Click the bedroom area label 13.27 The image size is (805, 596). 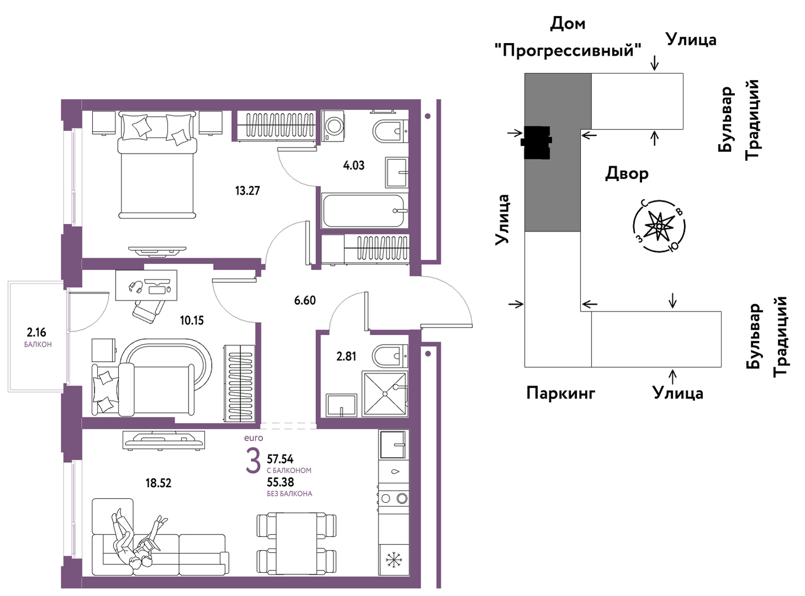point(247,191)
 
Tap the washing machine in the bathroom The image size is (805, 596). point(333,125)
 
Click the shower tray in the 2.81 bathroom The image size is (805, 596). point(385,393)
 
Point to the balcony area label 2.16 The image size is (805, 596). point(36,332)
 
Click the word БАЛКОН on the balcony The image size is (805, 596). point(38,345)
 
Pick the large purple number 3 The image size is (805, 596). point(254,461)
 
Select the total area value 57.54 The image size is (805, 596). point(280,459)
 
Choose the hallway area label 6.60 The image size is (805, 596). point(305,300)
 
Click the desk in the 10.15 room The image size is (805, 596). point(146,285)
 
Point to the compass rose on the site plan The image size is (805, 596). point(659,226)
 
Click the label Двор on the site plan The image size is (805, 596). point(627,173)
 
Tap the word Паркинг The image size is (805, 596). point(561,393)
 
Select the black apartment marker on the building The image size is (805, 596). point(536,143)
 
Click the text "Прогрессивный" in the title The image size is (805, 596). point(569,51)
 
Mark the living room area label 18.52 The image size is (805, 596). point(158,483)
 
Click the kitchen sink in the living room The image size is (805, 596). point(393,444)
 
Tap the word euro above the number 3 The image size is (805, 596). point(254,437)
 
